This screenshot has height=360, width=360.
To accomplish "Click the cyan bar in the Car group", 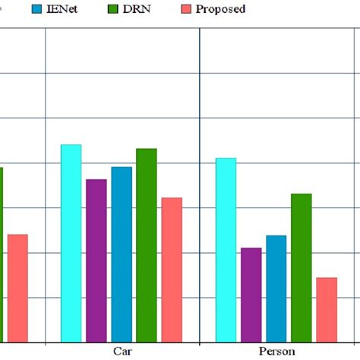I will pyautogui.click(x=71, y=242).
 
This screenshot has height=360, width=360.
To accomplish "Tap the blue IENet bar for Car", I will pyautogui.click(x=122, y=254).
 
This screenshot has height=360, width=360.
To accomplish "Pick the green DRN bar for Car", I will pyautogui.click(x=147, y=245).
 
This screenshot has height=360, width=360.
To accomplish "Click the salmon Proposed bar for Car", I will pyautogui.click(x=172, y=269).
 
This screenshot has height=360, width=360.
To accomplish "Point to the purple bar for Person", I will pyautogui.click(x=251, y=294).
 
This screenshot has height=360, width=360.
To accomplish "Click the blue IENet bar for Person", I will pyautogui.click(x=276, y=288).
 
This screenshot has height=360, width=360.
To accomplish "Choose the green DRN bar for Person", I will pyautogui.click(x=301, y=267).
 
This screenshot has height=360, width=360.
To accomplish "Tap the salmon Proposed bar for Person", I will pyautogui.click(x=326, y=309).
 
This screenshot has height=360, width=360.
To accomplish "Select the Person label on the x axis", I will pyautogui.click(x=276, y=352).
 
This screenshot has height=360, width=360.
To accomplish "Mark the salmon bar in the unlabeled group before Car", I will pyautogui.click(x=17, y=287).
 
